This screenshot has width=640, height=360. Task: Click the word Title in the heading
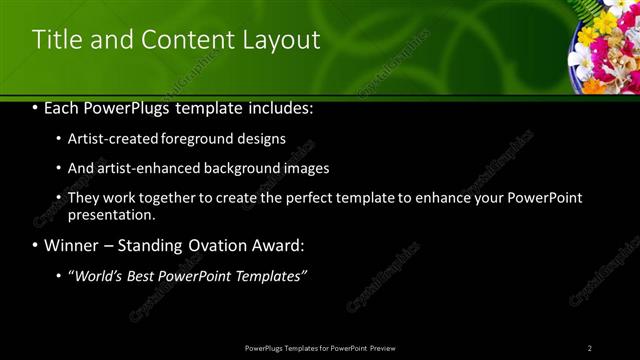point(55,40)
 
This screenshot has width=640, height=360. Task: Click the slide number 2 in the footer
point(589,347)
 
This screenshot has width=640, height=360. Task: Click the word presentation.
point(110,214)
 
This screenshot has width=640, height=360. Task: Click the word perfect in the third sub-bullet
point(309,198)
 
